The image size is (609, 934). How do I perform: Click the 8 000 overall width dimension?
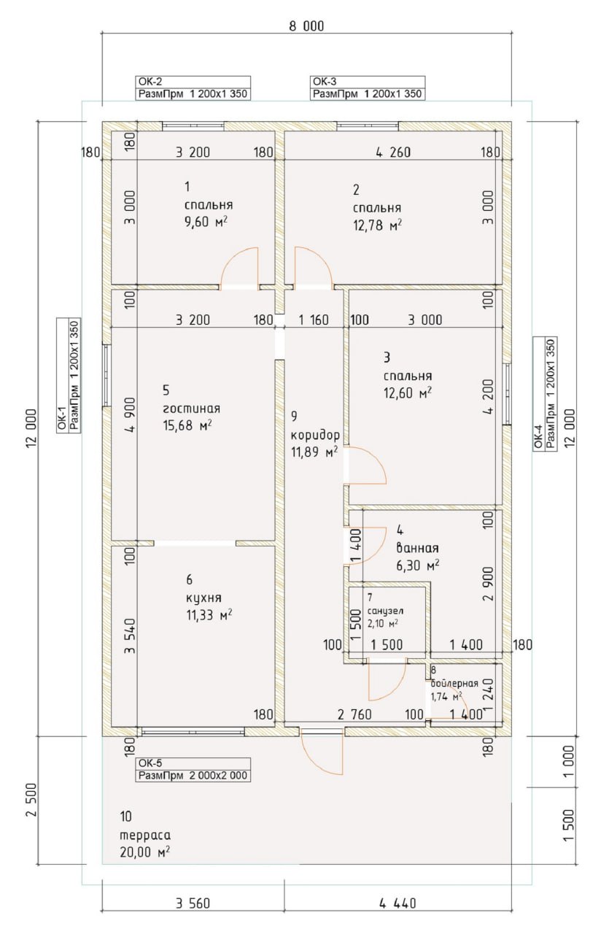[306, 26]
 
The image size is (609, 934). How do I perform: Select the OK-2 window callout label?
[193, 88]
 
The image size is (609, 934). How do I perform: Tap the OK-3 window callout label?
[368, 88]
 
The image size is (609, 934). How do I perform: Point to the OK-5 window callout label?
[193, 770]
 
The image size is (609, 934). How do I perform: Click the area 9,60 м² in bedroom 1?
[206, 221]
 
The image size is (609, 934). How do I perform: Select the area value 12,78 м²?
[377, 225]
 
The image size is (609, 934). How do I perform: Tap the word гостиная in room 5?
[191, 408]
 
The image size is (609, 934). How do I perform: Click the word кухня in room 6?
[203, 598]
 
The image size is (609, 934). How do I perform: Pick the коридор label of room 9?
[315, 436]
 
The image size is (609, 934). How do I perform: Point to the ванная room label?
[417, 547]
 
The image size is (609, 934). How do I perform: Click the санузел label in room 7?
[385, 611]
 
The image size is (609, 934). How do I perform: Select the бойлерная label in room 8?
[454, 683]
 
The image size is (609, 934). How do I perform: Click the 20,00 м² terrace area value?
[144, 852]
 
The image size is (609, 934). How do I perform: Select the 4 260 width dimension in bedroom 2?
[393, 153]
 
